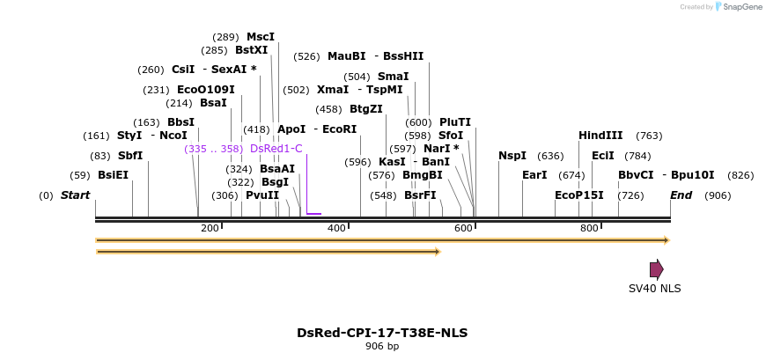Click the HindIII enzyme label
(600, 136)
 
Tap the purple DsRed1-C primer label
(276, 149)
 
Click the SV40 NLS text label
(654, 288)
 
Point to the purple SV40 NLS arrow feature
(656, 269)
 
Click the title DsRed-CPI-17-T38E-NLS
(382, 333)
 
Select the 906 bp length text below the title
(382, 347)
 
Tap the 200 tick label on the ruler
(210, 229)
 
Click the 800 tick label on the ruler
(589, 229)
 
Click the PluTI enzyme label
(455, 122)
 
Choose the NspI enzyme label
(512, 156)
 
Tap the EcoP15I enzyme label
(579, 195)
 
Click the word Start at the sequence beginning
(75, 195)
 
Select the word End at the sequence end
(681, 195)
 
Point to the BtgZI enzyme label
(365, 109)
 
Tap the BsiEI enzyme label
(113, 175)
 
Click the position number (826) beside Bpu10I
(740, 175)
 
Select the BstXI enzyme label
(251, 50)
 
